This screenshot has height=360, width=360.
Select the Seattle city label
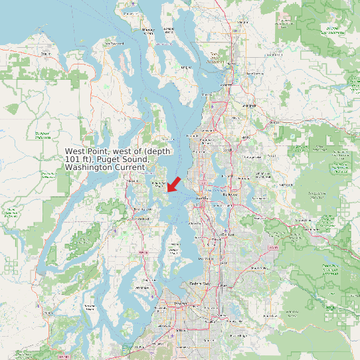pyautogui.click(x=202, y=198)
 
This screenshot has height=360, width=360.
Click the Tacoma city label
pyautogui.click(x=179, y=303)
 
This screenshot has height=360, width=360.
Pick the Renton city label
pyautogui.click(x=228, y=234)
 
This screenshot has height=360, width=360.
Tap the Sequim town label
pyautogui.click(x=46, y=53)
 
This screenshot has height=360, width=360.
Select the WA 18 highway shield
pyautogui.click(x=271, y=247)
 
